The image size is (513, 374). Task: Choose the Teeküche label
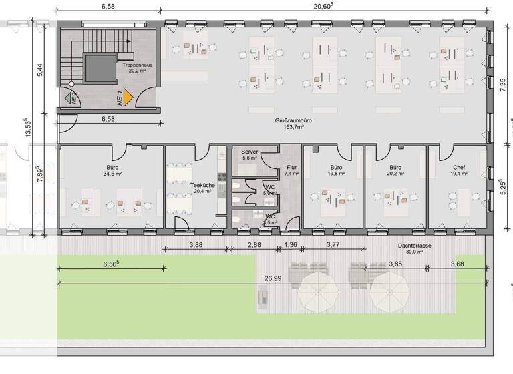coord(201,187)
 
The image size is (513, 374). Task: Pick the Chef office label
coord(459,170)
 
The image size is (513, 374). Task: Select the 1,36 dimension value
coord(291,245)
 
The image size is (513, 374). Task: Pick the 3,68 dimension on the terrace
coord(458,264)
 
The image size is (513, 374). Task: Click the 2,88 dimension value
coord(254,245)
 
